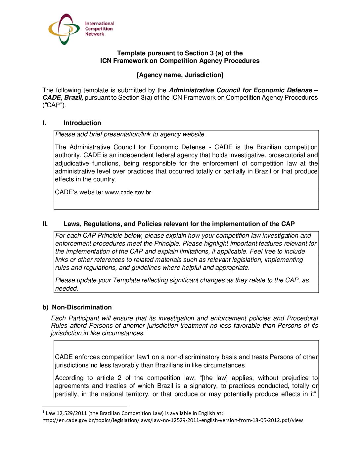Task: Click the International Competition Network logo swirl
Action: pos(64,29)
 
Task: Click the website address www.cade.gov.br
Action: pos(128,192)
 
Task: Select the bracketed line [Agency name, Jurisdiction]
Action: pos(180,75)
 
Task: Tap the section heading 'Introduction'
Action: pos(82,123)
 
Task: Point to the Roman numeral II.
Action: pos(45,224)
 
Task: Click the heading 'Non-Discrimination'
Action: pos(82,307)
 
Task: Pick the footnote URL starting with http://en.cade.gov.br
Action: pos(172,420)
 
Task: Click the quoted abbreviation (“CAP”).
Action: pos(54,105)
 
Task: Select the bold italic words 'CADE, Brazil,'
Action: pos(63,98)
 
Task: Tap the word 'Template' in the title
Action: pos(131,53)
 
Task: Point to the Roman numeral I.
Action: pos(44,123)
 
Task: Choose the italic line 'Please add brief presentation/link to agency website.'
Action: pos(131,134)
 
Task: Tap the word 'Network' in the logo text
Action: pos(95,34)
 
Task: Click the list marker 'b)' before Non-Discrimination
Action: pos(45,307)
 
